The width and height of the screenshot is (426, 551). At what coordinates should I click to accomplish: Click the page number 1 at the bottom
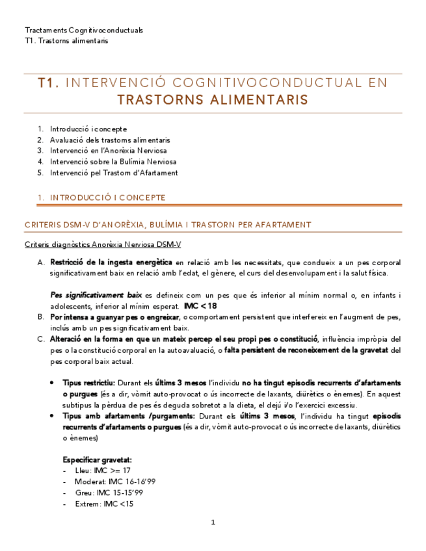point(213,522)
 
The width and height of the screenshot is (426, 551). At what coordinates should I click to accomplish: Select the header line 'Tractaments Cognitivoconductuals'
point(84,31)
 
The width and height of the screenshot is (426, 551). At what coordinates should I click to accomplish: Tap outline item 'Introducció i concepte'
point(88,129)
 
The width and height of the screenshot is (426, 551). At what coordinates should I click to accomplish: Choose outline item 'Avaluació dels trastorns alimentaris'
point(110,140)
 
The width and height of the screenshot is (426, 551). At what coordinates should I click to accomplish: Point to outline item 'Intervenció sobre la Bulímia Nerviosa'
point(113,162)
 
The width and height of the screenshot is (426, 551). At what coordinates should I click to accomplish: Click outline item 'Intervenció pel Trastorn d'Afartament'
point(114,173)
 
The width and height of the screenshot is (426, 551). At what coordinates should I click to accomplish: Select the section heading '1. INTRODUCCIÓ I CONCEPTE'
point(95,198)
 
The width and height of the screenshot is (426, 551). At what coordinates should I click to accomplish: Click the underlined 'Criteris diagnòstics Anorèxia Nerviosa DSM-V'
point(103,244)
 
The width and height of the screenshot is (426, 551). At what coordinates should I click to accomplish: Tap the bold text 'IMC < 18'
point(200,305)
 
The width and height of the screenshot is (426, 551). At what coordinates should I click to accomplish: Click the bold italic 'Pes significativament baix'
point(96,295)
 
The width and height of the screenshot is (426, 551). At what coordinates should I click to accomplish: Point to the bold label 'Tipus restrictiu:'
point(88,383)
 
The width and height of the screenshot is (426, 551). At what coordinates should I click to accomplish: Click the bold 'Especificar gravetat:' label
point(97,459)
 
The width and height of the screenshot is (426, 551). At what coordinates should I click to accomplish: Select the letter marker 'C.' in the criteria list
point(40,339)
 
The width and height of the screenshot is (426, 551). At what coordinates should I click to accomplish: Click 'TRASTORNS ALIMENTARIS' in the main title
point(213,100)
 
